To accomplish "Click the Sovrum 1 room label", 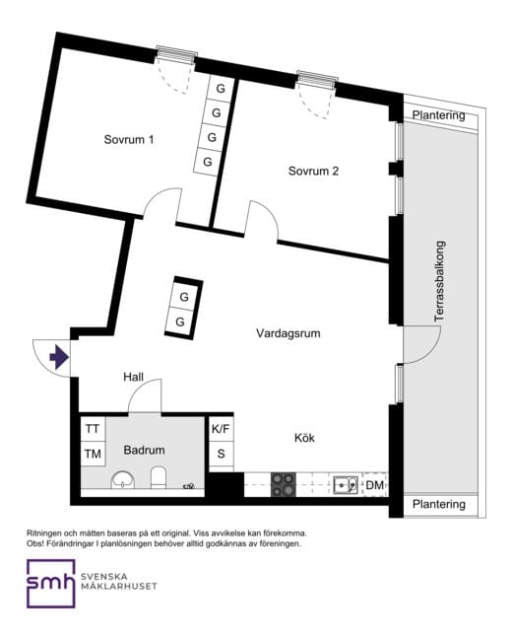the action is (x=129, y=140).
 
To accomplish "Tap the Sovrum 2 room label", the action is (x=313, y=171).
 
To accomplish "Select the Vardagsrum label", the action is (x=288, y=333).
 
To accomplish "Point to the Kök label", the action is (x=304, y=438).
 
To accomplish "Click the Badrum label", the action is (x=144, y=450).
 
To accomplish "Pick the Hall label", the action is (x=134, y=377).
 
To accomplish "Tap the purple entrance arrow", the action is (x=59, y=357).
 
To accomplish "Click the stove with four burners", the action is (x=284, y=484).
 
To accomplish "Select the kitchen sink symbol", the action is (x=346, y=485).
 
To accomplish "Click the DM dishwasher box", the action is (x=375, y=485).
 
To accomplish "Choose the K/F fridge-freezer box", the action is (x=221, y=429).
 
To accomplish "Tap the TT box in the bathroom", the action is (x=93, y=429).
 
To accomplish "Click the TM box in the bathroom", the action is (x=93, y=454).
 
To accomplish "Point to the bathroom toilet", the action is (x=159, y=478).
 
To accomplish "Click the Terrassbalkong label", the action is (x=439, y=281).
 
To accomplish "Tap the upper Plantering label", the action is (x=438, y=115).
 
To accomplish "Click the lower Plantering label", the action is (x=439, y=504).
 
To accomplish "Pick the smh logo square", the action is (x=51, y=584).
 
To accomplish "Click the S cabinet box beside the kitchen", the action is (x=221, y=454).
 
